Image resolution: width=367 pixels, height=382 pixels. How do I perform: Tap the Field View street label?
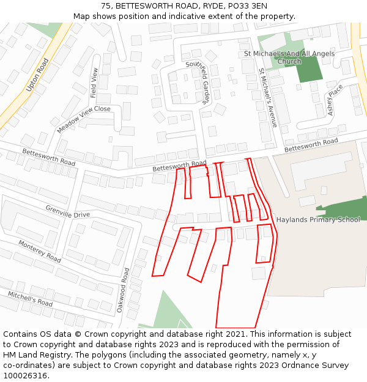click(x=94, y=83)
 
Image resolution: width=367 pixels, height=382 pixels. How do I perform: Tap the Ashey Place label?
click(x=335, y=100)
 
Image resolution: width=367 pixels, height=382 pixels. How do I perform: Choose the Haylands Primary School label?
click(x=318, y=219)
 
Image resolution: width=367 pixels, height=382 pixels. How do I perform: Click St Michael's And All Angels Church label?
click(x=289, y=57)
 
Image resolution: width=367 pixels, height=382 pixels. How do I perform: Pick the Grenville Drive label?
click(x=67, y=211)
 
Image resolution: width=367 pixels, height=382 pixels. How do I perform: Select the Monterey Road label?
click(x=39, y=251)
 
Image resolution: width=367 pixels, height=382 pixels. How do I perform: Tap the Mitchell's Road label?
click(x=30, y=298)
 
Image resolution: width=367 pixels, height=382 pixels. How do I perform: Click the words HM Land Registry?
click(x=31, y=354)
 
